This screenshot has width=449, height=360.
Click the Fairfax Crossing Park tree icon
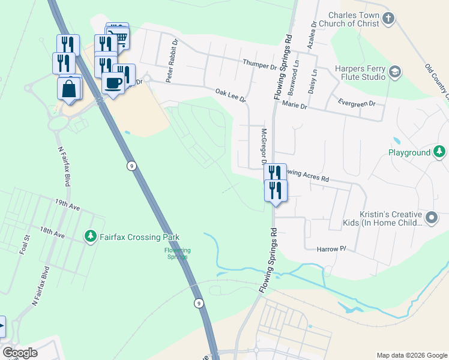pyautogui.click(x=91, y=237)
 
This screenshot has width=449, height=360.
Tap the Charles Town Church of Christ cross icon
pyautogui.click(x=388, y=18)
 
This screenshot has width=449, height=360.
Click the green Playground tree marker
pyautogui.click(x=440, y=152)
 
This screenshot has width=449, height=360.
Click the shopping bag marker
pyautogui.click(x=70, y=88)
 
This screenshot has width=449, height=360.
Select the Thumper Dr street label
pyautogui.click(x=259, y=64)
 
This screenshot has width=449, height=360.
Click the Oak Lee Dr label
pyautogui.click(x=231, y=95)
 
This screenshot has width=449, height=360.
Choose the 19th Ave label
pyautogui.click(x=67, y=205)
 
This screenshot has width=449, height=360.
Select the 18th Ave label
pyautogui.click(x=52, y=233)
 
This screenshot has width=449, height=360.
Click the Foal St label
pyautogui.click(x=26, y=247)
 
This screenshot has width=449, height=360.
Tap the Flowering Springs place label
pyautogui.click(x=177, y=253)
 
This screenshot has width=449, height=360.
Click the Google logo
pyautogui.click(x=20, y=353)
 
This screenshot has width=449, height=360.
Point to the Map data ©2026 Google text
pyautogui.click(x=411, y=355)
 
